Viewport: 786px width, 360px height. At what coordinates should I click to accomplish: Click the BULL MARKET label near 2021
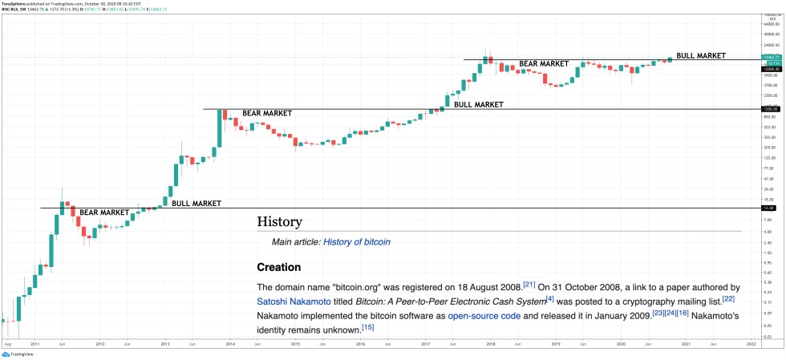click(x=701, y=56)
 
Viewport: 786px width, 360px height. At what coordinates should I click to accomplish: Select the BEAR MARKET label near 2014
click(x=267, y=113)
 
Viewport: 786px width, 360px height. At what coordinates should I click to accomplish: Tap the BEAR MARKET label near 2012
click(x=103, y=212)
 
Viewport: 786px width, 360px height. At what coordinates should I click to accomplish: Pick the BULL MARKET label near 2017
click(x=479, y=104)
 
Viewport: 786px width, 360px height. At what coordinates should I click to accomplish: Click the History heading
click(x=279, y=221)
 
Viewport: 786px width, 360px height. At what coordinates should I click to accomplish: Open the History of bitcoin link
click(x=357, y=241)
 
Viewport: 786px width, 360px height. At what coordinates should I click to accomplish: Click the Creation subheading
click(x=278, y=267)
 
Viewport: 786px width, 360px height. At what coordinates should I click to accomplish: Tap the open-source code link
click(x=484, y=316)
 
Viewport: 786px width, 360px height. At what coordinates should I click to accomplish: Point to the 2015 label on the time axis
click(x=295, y=343)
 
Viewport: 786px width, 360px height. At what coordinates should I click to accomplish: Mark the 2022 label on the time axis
click(x=751, y=343)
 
